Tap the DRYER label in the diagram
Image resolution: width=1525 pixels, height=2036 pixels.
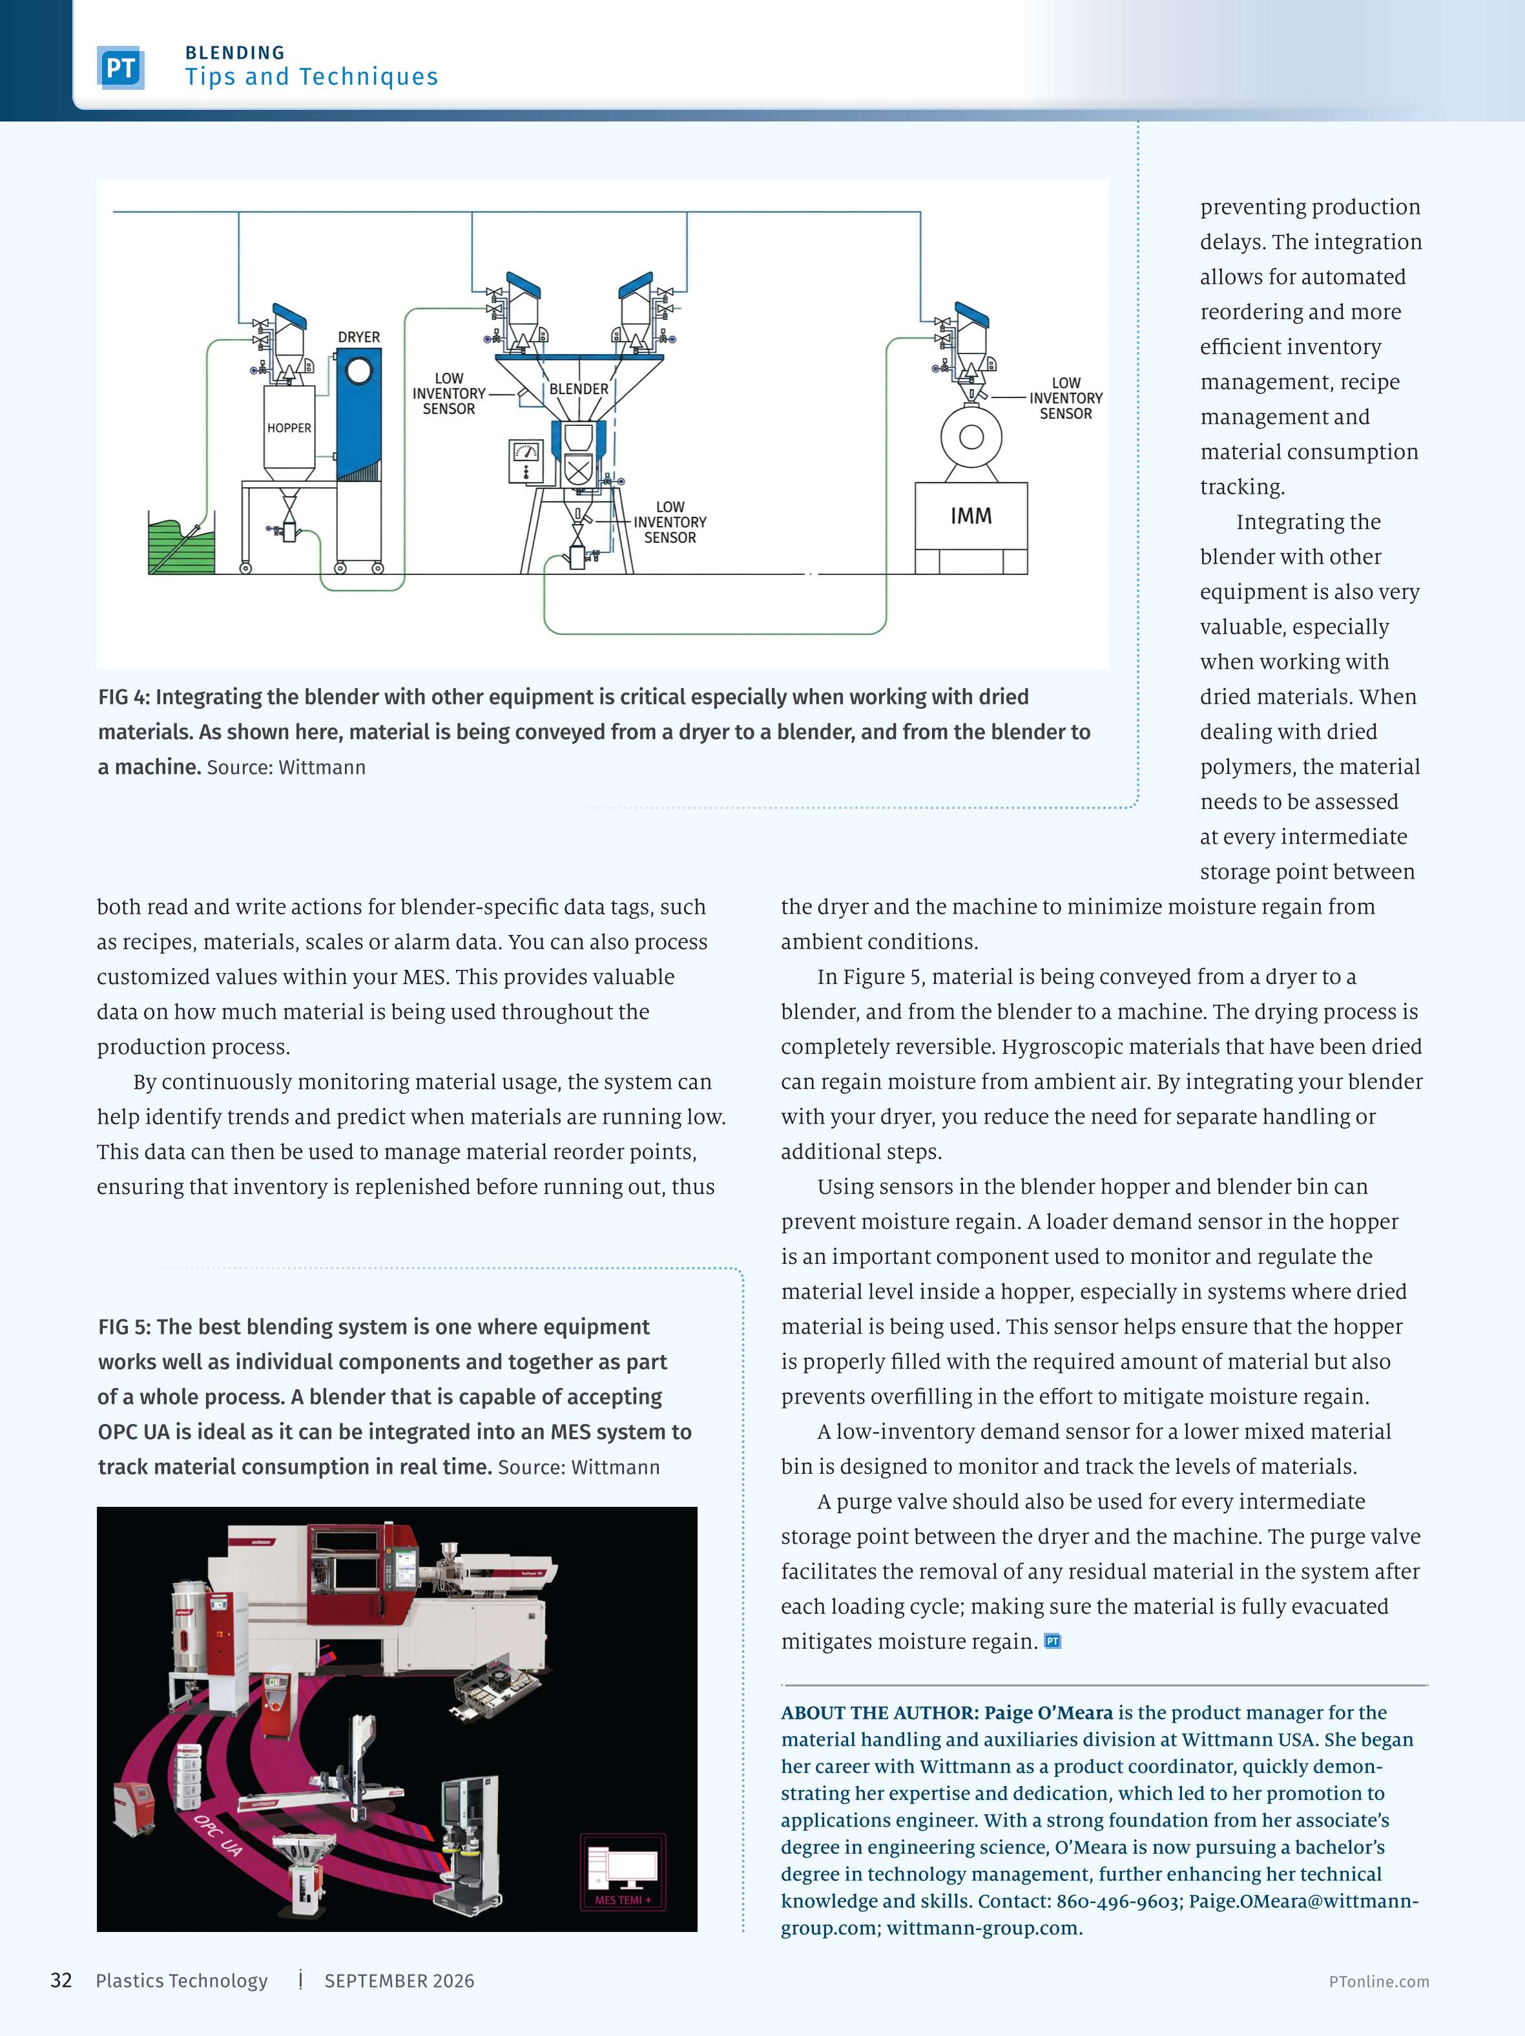point(359,337)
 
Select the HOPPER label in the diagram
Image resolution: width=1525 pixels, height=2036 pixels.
point(289,428)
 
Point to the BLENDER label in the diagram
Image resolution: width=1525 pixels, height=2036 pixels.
point(579,388)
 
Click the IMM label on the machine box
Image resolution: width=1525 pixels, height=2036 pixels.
point(971,516)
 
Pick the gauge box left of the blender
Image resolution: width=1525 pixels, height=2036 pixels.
point(526,460)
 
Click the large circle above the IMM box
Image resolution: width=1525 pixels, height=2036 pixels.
point(971,436)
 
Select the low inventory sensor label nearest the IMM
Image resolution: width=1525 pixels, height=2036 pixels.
point(1066,397)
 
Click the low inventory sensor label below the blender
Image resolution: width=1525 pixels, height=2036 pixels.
point(670,522)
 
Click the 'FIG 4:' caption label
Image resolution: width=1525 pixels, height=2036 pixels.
point(123,697)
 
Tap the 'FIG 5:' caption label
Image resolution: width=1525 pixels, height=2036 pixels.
point(124,1327)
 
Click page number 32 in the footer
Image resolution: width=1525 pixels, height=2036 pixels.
point(61,1981)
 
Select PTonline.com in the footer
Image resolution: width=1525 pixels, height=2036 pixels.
point(1378,1982)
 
